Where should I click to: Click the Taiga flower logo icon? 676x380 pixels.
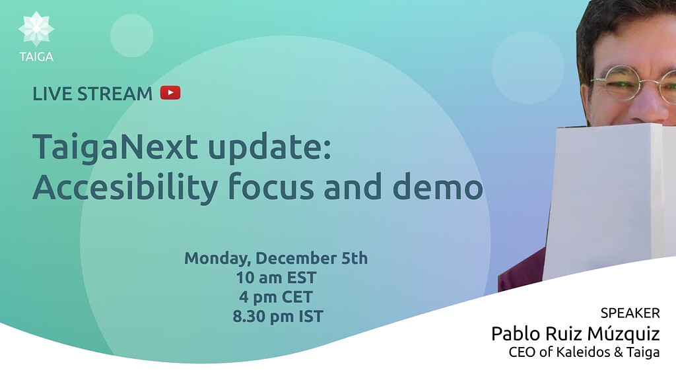coord(36,28)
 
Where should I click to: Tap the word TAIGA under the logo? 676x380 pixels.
coord(36,57)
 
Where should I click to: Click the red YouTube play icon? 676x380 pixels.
coord(170,93)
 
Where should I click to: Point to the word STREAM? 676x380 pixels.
coord(115,94)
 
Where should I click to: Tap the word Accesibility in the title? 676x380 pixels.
coord(124,188)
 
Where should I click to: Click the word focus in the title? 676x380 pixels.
coord(274,188)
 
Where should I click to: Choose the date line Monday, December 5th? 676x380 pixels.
coord(276,258)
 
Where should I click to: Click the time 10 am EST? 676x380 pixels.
coord(276,277)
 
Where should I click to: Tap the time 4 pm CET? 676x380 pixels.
coord(277,297)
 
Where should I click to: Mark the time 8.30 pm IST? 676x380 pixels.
coord(278,317)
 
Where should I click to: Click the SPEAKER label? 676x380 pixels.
coord(630,313)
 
